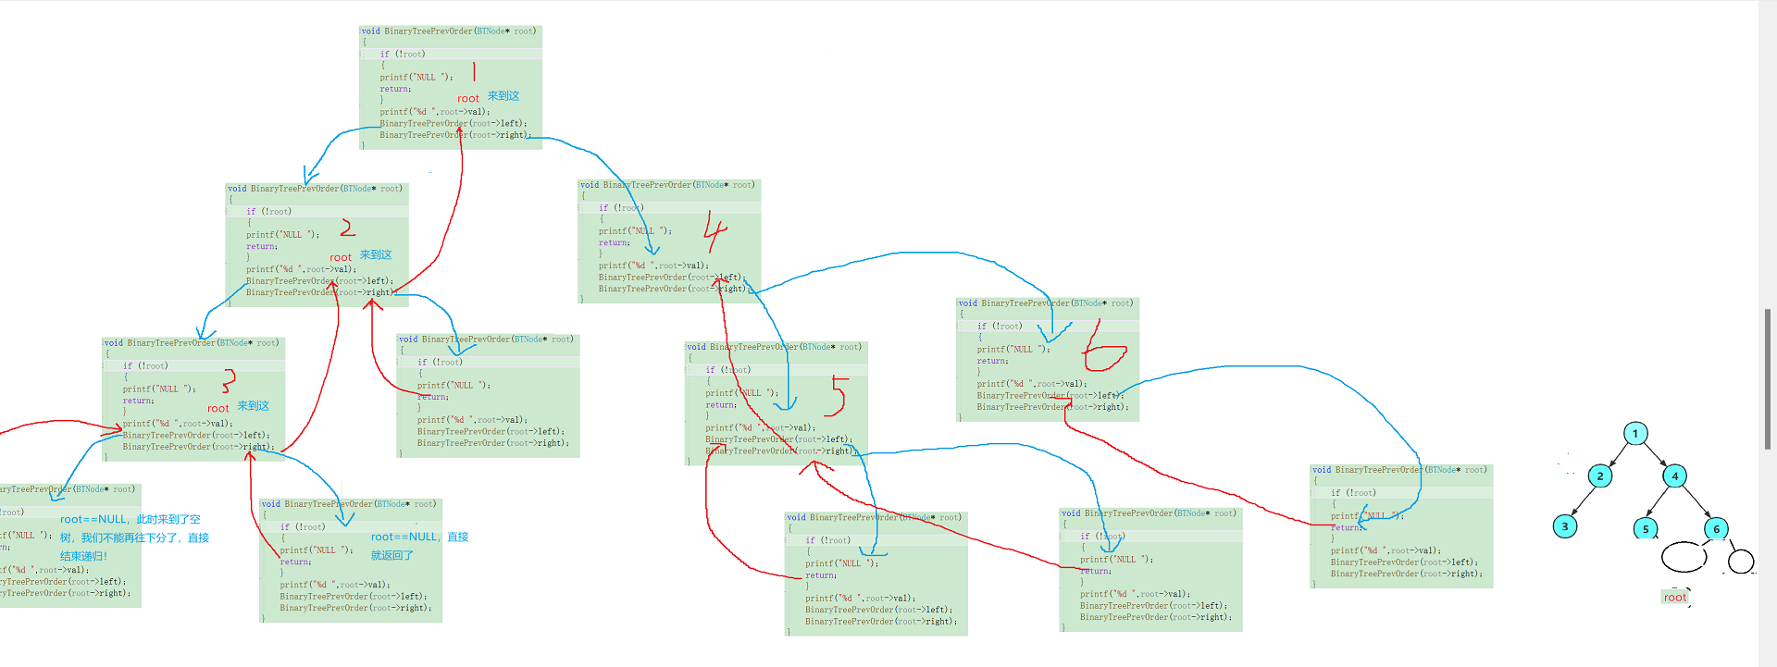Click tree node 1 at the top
tap(1635, 433)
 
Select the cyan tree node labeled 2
tap(1600, 476)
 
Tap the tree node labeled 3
tap(1565, 526)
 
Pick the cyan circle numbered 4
tap(1674, 476)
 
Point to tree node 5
tap(1646, 529)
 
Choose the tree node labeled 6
tap(1716, 529)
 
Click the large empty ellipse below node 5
tap(1684, 557)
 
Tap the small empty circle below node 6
tap(1741, 561)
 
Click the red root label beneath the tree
tap(1675, 598)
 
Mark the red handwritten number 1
tap(474, 71)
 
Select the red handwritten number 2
tap(348, 228)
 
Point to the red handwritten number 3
tap(229, 380)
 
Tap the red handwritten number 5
tap(838, 395)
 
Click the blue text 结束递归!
tap(83, 556)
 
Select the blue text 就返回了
tap(392, 555)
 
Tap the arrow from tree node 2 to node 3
tap(1583, 501)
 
